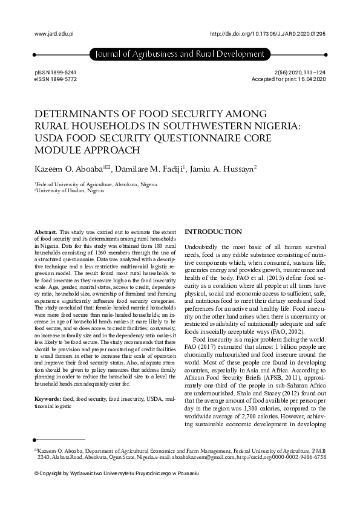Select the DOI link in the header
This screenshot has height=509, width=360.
pyautogui.click(x=267, y=34)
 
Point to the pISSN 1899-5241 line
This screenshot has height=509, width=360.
pyautogui.click(x=56, y=72)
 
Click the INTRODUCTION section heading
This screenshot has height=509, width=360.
pyautogui.click(x=214, y=232)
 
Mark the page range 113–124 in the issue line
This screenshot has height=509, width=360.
pyautogui.click(x=312, y=72)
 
